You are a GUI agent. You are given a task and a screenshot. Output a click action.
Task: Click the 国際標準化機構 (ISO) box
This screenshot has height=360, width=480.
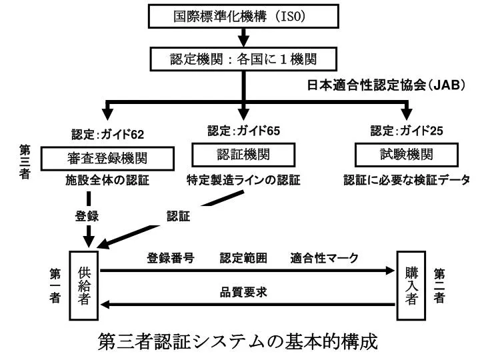pyautogui.click(x=243, y=16)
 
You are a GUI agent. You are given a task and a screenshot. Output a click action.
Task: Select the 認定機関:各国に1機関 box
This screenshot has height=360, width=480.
pyautogui.click(x=243, y=59)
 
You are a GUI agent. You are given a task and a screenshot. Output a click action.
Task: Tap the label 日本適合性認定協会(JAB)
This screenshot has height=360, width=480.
pyautogui.click(x=386, y=85)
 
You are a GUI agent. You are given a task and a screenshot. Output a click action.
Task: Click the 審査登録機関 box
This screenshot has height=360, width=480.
pyautogui.click(x=107, y=159)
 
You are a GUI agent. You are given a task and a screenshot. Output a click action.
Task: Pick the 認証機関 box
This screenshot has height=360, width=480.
pyautogui.click(x=243, y=155)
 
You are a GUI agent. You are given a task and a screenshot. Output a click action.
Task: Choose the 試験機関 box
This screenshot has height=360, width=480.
pyautogui.click(x=407, y=155)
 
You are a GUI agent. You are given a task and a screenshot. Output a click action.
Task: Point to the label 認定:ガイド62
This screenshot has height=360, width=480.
pyautogui.click(x=107, y=135)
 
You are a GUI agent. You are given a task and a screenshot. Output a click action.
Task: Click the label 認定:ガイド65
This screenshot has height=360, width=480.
pyautogui.click(x=244, y=131)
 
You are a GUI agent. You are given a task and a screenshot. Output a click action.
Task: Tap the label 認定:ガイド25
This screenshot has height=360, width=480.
pyautogui.click(x=407, y=131)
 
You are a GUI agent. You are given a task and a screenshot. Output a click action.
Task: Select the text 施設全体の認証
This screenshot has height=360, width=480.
pyautogui.click(x=107, y=180)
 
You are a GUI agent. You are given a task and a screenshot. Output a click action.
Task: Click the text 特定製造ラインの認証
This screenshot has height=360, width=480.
pyautogui.click(x=243, y=180)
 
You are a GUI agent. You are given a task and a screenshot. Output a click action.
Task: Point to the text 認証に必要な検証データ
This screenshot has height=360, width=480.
pyautogui.click(x=407, y=180)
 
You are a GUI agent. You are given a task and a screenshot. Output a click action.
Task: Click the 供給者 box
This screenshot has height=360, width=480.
pyautogui.click(x=83, y=285)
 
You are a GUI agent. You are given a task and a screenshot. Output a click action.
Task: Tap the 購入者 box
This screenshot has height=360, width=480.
pyautogui.click(x=411, y=285)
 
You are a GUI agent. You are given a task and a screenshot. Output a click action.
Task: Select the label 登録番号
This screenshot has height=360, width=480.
pyautogui.click(x=171, y=258)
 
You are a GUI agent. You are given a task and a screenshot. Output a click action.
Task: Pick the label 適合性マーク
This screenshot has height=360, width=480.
pyautogui.click(x=324, y=258)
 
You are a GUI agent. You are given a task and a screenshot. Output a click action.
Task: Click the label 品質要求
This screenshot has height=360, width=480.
pyautogui.click(x=243, y=292)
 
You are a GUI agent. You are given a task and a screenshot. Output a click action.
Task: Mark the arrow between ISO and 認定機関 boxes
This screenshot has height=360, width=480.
pyautogui.click(x=244, y=37)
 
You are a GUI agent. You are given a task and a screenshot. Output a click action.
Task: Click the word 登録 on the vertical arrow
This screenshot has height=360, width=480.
pyautogui.click(x=87, y=216)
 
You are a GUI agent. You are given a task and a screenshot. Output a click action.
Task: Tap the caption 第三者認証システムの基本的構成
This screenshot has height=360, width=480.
pyautogui.click(x=237, y=341)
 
